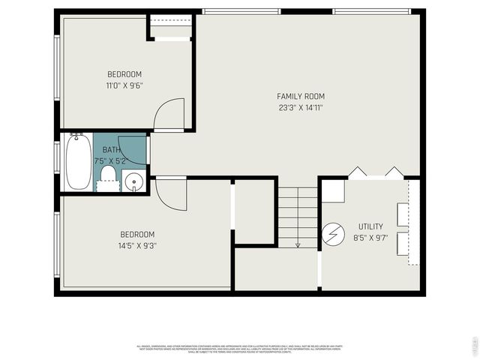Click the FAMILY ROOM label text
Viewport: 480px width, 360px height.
coord(300,96)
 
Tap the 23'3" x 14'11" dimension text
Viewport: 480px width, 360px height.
coord(300,107)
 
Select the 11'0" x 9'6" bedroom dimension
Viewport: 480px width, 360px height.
coord(124,85)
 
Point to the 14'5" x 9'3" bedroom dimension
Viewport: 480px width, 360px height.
coord(137,245)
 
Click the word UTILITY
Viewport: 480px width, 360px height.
coord(370,226)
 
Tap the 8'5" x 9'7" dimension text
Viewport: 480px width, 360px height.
coord(370,238)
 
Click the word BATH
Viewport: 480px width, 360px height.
coord(111,150)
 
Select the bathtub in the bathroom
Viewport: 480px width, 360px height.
coord(78,162)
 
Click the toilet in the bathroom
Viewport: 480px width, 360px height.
coord(108,177)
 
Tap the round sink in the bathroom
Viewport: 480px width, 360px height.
coord(134,181)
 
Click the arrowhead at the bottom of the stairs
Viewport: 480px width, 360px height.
coord(298,244)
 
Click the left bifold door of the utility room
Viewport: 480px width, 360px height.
coord(355,172)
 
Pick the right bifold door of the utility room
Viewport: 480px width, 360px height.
coord(394,172)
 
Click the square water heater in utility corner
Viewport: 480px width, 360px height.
coord(334,190)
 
